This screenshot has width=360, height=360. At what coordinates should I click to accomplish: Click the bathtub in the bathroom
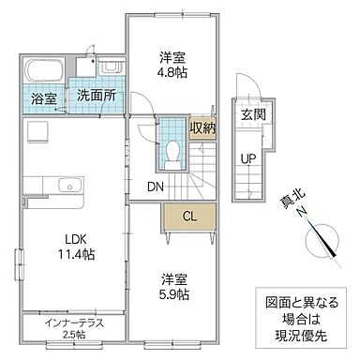point(44,71)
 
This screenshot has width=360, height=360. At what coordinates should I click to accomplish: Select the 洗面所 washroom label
point(96,95)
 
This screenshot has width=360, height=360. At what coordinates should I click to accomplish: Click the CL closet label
point(189,217)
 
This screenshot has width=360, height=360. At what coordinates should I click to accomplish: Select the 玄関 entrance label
point(251,114)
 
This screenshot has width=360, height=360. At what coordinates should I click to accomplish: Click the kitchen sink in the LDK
point(69,186)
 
